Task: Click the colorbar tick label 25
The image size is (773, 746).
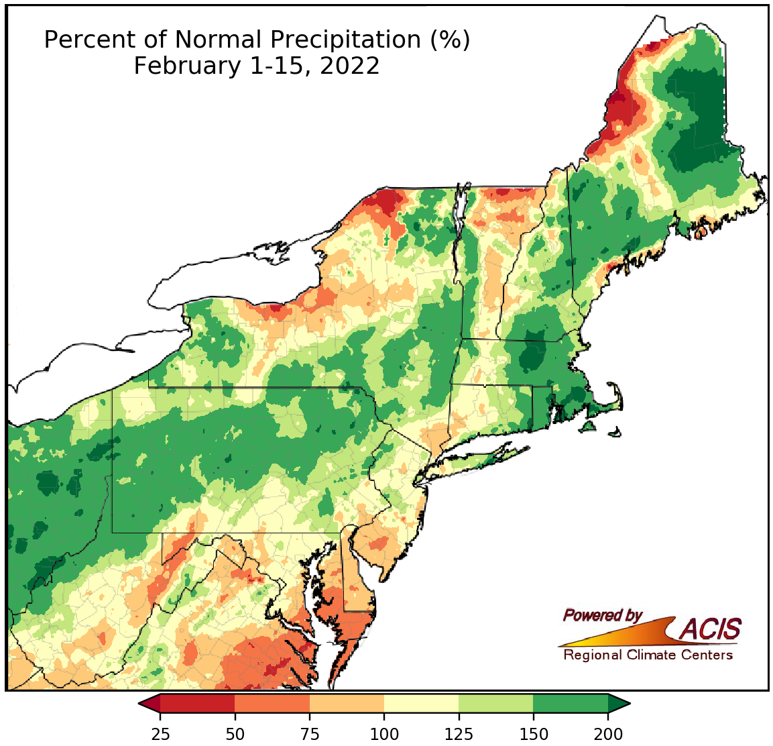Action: coord(160,733)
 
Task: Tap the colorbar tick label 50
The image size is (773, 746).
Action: coord(235,733)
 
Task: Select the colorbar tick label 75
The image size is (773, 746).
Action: coord(309,733)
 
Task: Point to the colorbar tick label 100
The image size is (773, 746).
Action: coord(384,733)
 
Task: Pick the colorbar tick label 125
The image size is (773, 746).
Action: coord(459,733)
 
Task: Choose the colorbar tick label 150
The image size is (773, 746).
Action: coord(533,733)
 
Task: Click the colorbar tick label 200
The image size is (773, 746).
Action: coord(608,733)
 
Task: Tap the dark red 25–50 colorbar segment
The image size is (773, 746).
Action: coord(197,703)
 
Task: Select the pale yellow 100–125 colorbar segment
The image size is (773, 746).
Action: coord(421,703)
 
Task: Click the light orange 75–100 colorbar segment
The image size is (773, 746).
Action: coord(347,703)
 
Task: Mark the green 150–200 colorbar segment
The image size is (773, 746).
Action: coord(571,703)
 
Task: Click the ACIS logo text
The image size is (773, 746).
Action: coord(711,629)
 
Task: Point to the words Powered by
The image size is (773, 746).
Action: coord(602,615)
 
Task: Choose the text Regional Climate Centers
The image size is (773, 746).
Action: coord(648,655)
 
